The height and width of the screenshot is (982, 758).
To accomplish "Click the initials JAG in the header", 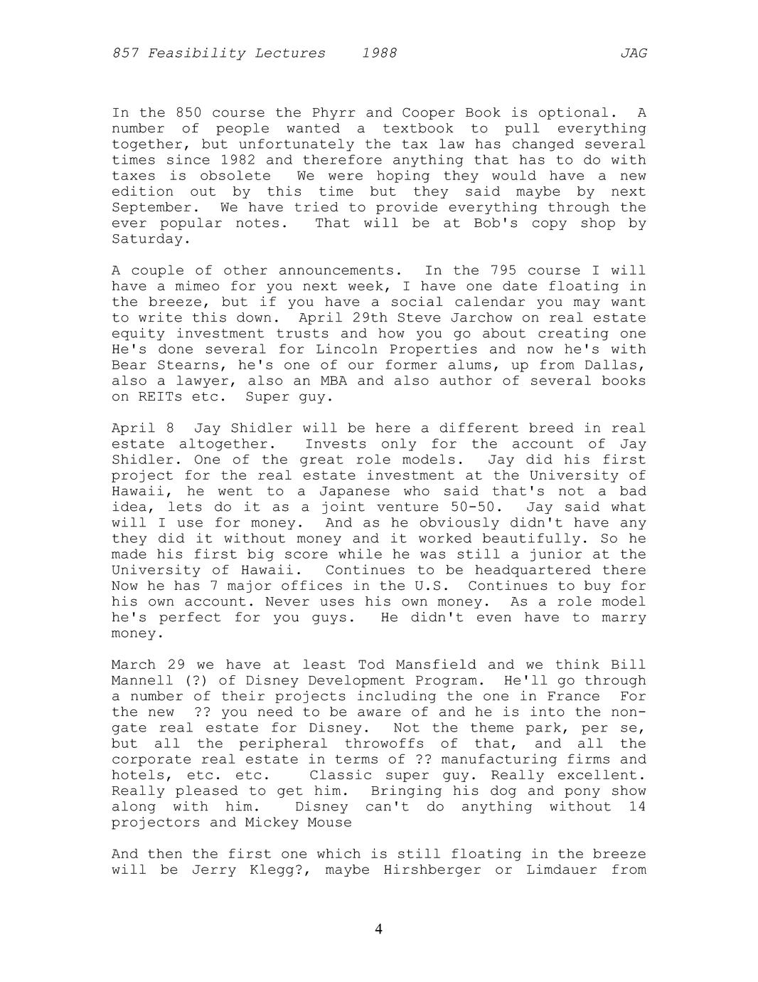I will coord(633,53).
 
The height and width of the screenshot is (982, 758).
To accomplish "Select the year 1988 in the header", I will coord(379,53).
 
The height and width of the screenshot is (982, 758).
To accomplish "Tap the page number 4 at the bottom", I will coord(378,929).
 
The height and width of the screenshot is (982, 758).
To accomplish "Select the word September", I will coord(151,208).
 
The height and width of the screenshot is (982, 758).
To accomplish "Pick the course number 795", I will coord(503,270).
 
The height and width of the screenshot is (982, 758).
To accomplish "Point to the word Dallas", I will coord(617,365).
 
